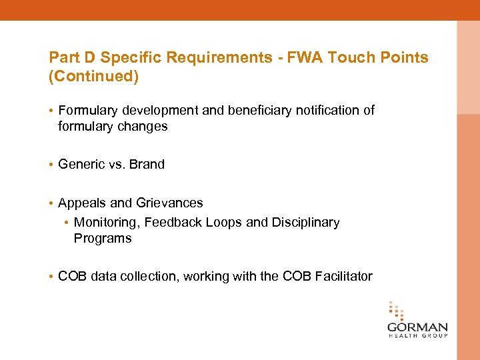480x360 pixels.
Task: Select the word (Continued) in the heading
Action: pyautogui.click(x=94, y=77)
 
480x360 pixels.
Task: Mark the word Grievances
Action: pyautogui.click(x=169, y=203)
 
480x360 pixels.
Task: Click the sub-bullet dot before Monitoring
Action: pyautogui.click(x=67, y=223)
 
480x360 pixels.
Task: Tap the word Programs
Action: pyautogui.click(x=103, y=239)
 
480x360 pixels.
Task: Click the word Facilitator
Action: pyautogui.click(x=339, y=277)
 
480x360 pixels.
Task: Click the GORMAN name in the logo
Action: pyautogui.click(x=417, y=327)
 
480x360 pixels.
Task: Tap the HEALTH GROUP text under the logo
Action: pyautogui.click(x=417, y=336)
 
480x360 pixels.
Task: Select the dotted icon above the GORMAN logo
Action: pyautogui.click(x=396, y=311)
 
